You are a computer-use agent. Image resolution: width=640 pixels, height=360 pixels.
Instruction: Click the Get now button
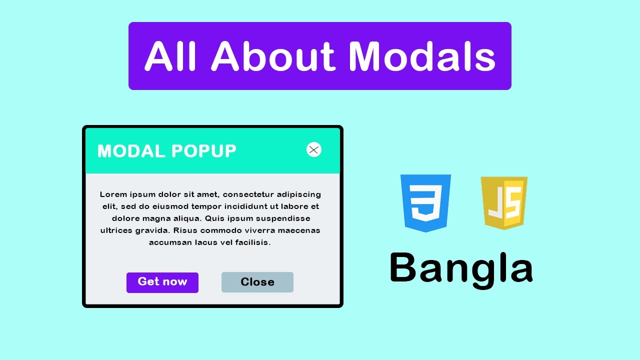pos(162,282)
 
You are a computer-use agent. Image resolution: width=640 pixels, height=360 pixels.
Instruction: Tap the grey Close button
pos(257,282)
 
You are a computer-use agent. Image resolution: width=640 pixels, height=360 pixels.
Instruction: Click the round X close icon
pos(314,149)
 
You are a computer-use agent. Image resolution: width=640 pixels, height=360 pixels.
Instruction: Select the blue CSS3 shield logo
pos(425,202)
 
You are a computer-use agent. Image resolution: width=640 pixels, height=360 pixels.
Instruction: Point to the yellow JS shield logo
pos(504,202)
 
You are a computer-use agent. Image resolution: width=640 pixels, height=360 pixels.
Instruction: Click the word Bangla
pos(461,268)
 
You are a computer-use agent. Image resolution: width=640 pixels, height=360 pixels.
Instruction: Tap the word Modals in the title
pos(422,56)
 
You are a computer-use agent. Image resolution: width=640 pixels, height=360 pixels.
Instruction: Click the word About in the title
pos(273,56)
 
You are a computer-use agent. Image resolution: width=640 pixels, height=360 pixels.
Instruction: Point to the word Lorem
pos(113,194)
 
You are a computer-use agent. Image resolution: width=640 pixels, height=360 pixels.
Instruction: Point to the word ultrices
pos(116,230)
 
